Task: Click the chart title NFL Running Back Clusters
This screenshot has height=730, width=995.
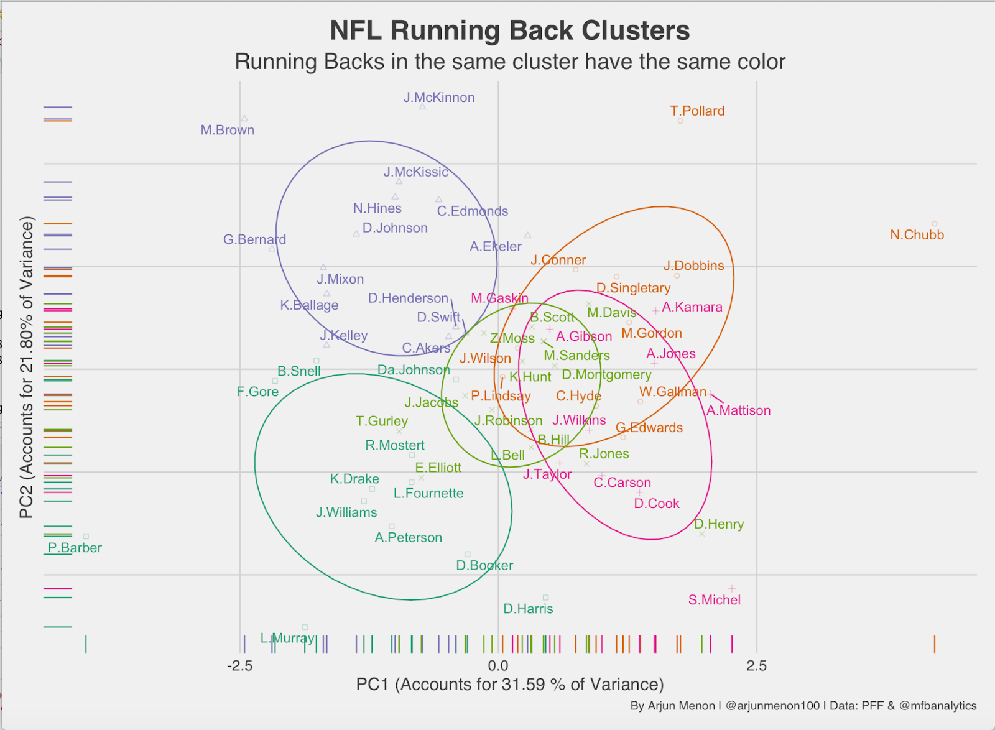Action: pos(509,30)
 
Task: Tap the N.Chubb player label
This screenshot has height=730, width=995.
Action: pos(917,235)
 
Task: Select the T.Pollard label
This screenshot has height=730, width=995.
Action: pos(697,111)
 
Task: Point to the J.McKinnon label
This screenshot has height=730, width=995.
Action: pos(439,98)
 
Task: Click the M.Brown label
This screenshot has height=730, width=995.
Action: pos(228,130)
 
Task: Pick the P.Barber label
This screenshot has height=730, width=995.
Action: pos(75,548)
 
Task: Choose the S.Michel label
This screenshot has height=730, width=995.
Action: pos(714,600)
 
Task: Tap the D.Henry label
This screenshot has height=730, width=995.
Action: pos(719,524)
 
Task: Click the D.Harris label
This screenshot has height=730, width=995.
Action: pos(528,609)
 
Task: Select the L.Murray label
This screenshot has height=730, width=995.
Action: pos(287,638)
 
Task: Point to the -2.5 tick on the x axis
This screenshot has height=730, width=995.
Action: pos(240,667)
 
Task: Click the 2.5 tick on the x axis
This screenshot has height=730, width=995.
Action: pos(756,667)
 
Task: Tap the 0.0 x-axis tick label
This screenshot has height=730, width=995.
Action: pos(498,667)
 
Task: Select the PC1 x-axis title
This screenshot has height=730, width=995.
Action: pos(509,685)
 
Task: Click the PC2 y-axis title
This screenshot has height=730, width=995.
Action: pos(26,367)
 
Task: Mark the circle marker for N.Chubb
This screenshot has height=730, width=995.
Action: pos(934,224)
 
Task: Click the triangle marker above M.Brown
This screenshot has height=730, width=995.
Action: pos(244,118)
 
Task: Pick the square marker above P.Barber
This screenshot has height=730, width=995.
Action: pos(86,536)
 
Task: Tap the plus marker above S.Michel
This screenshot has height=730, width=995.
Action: pos(732,588)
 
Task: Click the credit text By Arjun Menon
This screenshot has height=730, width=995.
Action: pos(803,706)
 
